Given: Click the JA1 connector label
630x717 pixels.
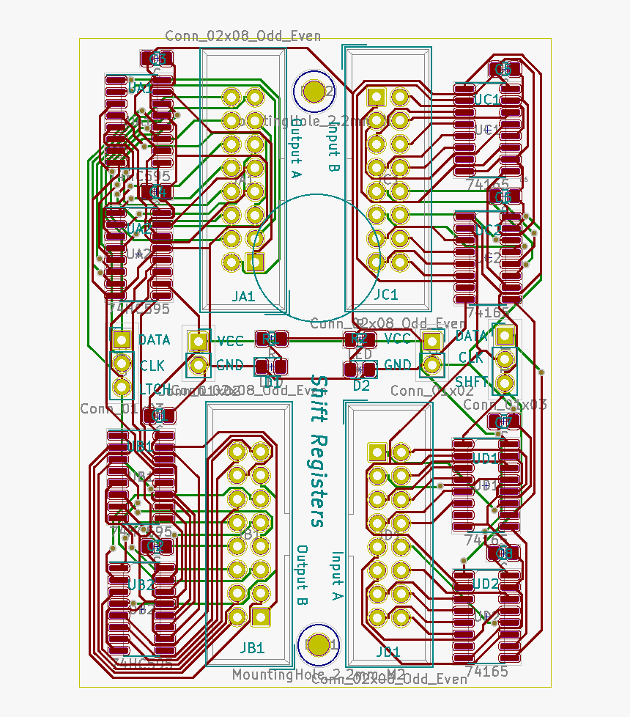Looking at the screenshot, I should tap(242, 296).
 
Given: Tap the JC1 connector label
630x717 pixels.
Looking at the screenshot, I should tap(385, 295).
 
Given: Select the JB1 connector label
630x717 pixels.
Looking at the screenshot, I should tap(251, 648).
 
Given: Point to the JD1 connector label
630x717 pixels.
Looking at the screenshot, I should tap(388, 651).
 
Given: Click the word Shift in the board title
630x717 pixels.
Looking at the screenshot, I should tap(319, 400).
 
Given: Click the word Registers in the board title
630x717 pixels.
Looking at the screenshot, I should tap(319, 479).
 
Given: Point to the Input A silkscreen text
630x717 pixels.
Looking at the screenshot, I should tap(336, 576).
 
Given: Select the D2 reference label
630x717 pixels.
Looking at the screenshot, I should tap(362, 385).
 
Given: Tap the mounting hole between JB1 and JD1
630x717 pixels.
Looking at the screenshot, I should tap(319, 644).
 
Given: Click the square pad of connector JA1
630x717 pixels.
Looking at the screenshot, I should tap(255, 261).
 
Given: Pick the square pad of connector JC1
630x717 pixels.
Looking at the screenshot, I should tap(377, 96).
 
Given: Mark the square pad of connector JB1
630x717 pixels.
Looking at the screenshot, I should tap(260, 617).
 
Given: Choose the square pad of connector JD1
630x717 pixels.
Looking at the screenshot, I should tap(377, 452).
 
